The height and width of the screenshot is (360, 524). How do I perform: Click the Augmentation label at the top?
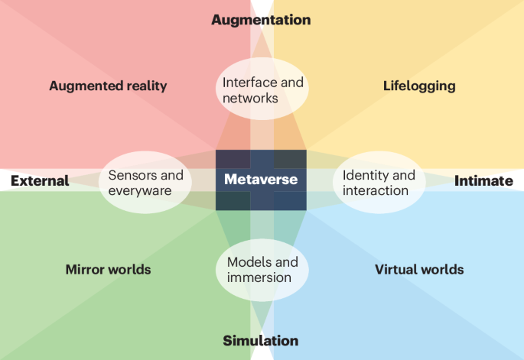tap(261, 20)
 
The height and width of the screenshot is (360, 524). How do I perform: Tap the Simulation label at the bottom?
tap(261, 341)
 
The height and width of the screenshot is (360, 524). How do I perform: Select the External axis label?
tap(40, 181)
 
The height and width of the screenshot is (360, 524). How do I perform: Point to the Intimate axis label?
tap(483, 181)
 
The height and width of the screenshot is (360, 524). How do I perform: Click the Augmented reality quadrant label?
tap(108, 86)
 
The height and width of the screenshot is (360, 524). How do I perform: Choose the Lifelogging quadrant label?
tap(419, 86)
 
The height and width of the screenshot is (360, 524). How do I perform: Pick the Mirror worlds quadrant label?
tap(108, 269)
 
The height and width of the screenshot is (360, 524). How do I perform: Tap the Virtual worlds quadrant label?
tap(419, 269)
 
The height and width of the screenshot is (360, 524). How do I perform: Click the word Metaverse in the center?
tap(261, 180)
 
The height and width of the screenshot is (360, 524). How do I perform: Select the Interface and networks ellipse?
tap(262, 90)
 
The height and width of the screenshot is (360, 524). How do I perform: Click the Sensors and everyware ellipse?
tap(146, 183)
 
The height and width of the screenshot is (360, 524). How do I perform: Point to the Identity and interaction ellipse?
tap(379, 183)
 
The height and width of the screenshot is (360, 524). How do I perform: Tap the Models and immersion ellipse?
tap(262, 270)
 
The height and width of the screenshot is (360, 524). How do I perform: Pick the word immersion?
tap(259, 277)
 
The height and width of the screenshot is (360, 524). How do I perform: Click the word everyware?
tap(139, 190)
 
